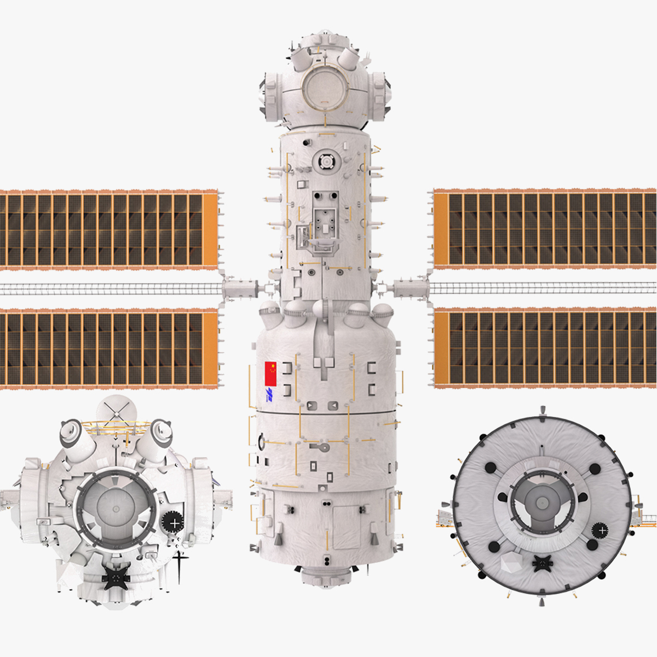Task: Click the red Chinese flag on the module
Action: (x=270, y=373)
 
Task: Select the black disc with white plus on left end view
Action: (x=173, y=523)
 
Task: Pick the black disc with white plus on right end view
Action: (x=601, y=530)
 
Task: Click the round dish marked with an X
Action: (x=116, y=408)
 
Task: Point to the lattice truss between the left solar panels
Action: (x=109, y=289)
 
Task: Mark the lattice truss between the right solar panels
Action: (x=542, y=288)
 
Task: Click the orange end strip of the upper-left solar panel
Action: (x=210, y=230)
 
